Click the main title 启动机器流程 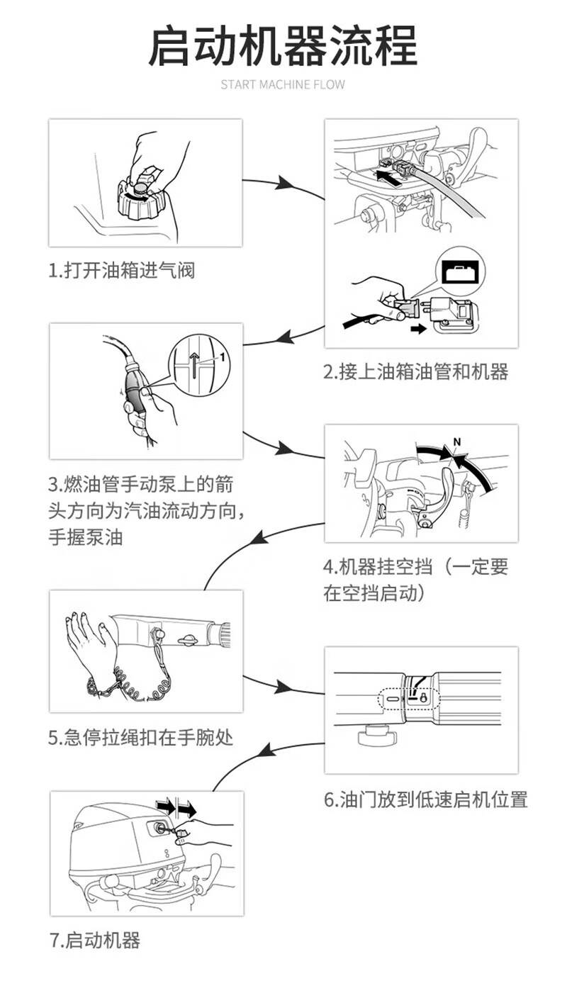point(283,46)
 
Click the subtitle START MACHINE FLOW point(283,85)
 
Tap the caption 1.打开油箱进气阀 point(121,270)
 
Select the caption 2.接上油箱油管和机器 point(416,371)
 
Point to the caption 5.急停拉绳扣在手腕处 point(140,738)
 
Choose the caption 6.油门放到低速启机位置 point(426,799)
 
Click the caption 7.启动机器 point(95,940)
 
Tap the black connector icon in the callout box point(460,273)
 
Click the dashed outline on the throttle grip point(411,699)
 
